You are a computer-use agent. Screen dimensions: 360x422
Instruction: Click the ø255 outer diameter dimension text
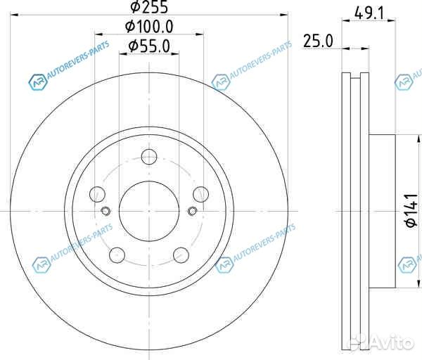[149, 8]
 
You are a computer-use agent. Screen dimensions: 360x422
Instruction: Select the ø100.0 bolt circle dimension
[149, 27]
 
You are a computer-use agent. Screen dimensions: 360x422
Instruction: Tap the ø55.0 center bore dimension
[149, 46]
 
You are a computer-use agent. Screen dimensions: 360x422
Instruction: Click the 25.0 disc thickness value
[317, 41]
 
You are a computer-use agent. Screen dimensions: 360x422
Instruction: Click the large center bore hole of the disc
[149, 209]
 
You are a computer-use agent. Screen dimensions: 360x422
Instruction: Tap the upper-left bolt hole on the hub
[98, 193]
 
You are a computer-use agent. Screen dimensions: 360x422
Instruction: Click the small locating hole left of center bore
[106, 211]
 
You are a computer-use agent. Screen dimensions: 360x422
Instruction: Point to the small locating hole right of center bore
[192, 211]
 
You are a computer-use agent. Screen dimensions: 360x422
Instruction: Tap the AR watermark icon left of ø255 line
[35, 82]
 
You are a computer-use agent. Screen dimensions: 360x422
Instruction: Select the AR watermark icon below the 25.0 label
[404, 82]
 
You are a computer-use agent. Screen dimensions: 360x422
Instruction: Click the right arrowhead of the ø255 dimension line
[285, 13]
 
